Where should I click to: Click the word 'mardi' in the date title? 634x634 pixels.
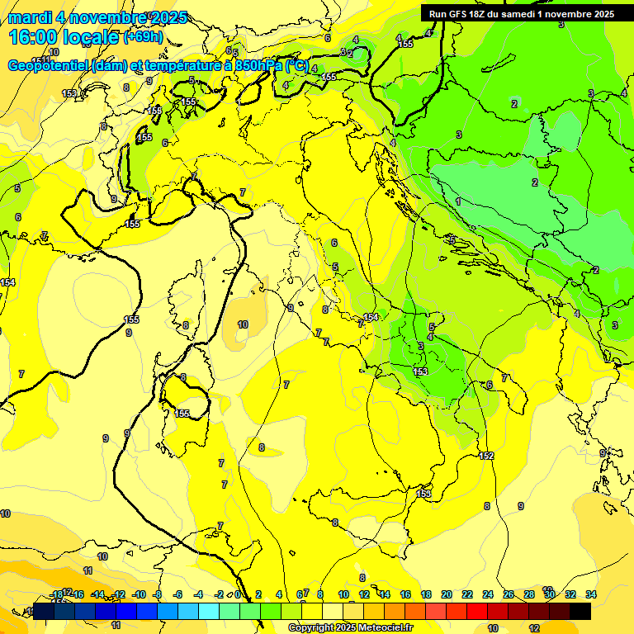tap(28, 17)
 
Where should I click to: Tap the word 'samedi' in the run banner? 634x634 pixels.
tap(517, 14)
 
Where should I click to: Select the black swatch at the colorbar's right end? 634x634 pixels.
tap(580, 611)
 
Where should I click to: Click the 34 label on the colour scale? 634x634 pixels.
tap(591, 594)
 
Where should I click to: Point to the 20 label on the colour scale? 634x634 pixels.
tap(447, 594)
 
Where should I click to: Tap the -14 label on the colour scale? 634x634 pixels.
tap(97, 594)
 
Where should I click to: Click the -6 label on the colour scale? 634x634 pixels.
tap(177, 594)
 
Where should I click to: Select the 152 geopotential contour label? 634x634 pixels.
tap(486, 456)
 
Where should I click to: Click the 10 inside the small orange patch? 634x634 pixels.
tap(243, 324)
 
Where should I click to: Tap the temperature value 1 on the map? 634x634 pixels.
tap(458, 201)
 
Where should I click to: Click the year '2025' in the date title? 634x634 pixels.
tap(169, 17)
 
